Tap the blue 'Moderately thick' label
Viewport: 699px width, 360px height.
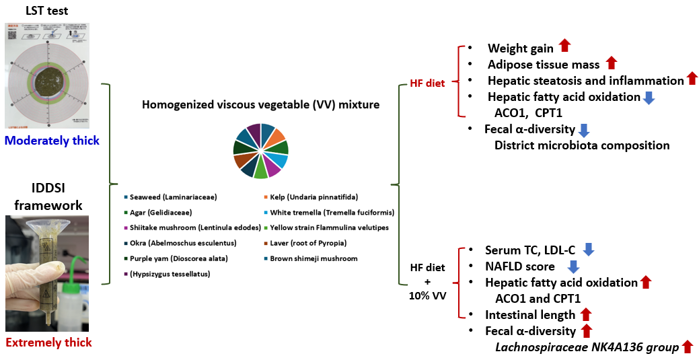pyautogui.click(x=52, y=141)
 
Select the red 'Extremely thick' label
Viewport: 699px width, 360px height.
pyautogui.click(x=48, y=343)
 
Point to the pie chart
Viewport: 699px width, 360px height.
pyautogui.click(x=260, y=151)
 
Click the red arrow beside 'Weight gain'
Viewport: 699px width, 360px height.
pyautogui.click(x=565, y=46)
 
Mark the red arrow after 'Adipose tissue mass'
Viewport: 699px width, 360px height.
pyautogui.click(x=612, y=63)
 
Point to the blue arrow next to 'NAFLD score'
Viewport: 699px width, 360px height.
pyautogui.click(x=574, y=266)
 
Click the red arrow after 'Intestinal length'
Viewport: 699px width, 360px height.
pyautogui.click(x=585, y=314)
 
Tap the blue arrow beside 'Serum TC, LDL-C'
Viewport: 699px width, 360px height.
pyautogui.click(x=589, y=250)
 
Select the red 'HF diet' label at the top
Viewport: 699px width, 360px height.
pyautogui.click(x=427, y=85)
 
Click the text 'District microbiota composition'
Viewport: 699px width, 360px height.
pyautogui.click(x=582, y=145)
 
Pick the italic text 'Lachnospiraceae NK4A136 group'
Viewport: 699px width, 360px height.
pyautogui.click(x=586, y=347)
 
